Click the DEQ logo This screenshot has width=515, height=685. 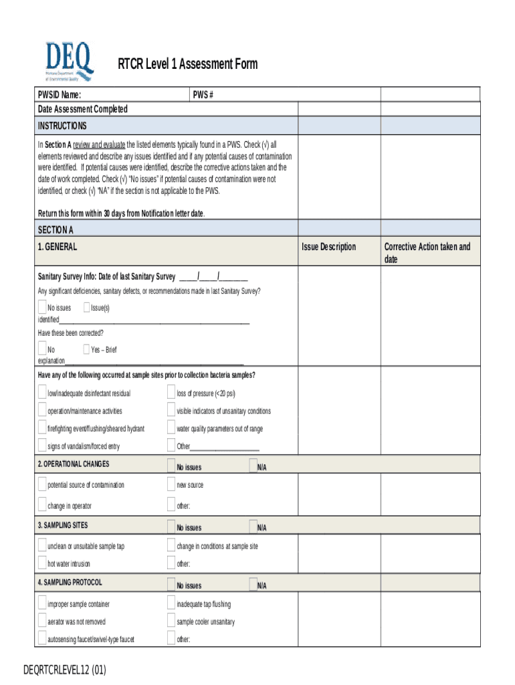pos(69,62)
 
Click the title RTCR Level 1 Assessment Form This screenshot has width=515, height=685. pos(187,64)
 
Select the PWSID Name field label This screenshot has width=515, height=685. pos(60,95)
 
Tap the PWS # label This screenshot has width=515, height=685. pos(203,95)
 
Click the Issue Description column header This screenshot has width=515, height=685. pos(328,247)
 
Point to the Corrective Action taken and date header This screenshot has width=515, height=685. pos(427,252)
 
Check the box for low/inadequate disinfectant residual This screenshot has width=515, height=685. pos(42,393)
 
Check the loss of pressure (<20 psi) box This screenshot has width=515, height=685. pos(171,393)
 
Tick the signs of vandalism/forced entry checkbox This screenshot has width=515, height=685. pos(42,446)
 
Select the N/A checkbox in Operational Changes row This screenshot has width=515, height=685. pos(253,466)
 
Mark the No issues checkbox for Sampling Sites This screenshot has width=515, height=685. pos(171,526)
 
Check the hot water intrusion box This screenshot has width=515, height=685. pos(42,563)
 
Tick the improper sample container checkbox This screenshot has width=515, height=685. pos(42,604)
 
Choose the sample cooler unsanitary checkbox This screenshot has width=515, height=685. pos(171,621)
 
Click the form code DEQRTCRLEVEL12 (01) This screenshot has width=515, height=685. pos(65,670)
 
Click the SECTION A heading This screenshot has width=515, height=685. pos(56,229)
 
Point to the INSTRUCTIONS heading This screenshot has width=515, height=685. pos(62,126)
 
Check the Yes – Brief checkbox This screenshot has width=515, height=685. pos(86,349)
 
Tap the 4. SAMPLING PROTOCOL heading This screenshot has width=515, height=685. pos(70,583)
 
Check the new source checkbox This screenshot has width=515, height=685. pos(171,485)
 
